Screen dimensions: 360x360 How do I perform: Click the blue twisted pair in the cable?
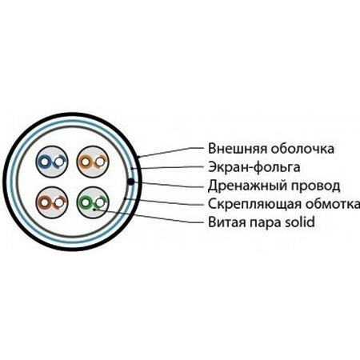coord(52,162)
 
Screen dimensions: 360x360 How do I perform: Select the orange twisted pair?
coord(93,162)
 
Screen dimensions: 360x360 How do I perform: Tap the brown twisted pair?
coord(52,202)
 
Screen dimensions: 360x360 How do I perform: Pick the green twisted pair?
coord(93,202)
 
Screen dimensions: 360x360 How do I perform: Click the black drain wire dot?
coord(130,182)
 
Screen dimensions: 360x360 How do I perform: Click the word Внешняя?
coord(237,149)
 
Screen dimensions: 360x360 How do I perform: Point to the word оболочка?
coord(302,149)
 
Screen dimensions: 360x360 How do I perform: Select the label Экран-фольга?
coord(254,167)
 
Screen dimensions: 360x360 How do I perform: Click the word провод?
coord(315,186)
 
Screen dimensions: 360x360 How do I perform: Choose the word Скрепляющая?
coord(254,204)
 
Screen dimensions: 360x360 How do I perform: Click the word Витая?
coord(226,222)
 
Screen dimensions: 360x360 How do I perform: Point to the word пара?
coord(265,223)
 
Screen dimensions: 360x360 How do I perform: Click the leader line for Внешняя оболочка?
coord(170,152)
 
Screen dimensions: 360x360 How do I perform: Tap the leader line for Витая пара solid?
coord(149,216)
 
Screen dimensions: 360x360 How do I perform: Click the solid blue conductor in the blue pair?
coord(44,162)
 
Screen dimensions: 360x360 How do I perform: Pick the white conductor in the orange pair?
coord(100,162)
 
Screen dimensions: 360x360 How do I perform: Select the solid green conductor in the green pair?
coord(85,202)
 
